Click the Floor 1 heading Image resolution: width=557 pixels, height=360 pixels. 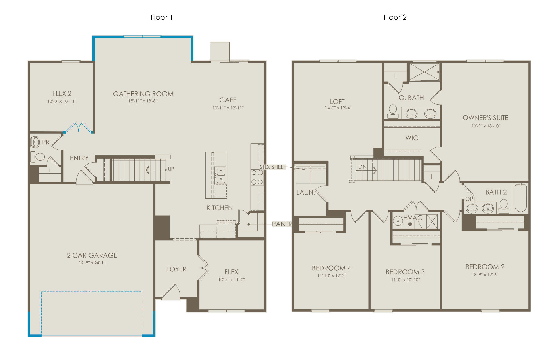(x=162, y=17)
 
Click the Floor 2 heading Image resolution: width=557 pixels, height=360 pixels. (x=395, y=17)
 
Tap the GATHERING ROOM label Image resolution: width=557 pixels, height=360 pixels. (x=143, y=94)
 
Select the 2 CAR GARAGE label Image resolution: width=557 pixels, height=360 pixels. (x=92, y=255)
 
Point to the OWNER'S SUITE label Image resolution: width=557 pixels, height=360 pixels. (x=485, y=118)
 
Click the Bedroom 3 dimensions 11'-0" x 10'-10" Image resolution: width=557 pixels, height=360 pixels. (x=405, y=280)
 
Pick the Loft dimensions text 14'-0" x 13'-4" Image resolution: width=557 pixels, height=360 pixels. (x=338, y=108)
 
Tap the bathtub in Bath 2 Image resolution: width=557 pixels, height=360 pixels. (x=520, y=198)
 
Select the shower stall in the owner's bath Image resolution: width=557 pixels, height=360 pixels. (x=424, y=72)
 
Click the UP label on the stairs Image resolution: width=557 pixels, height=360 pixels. (x=171, y=169)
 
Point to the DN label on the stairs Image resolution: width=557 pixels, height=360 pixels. (x=362, y=167)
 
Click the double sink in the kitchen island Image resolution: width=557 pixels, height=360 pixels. (x=221, y=175)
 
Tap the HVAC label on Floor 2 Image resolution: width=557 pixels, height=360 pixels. (x=413, y=218)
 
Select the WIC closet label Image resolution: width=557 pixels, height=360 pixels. (x=412, y=138)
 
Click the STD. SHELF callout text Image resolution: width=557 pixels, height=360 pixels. (x=273, y=167)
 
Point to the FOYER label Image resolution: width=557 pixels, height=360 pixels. (x=176, y=269)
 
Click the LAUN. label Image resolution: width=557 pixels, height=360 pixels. (x=306, y=192)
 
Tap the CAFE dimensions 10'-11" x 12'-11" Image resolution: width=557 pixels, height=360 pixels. (x=228, y=108)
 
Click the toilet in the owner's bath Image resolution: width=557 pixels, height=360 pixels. (x=393, y=111)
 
